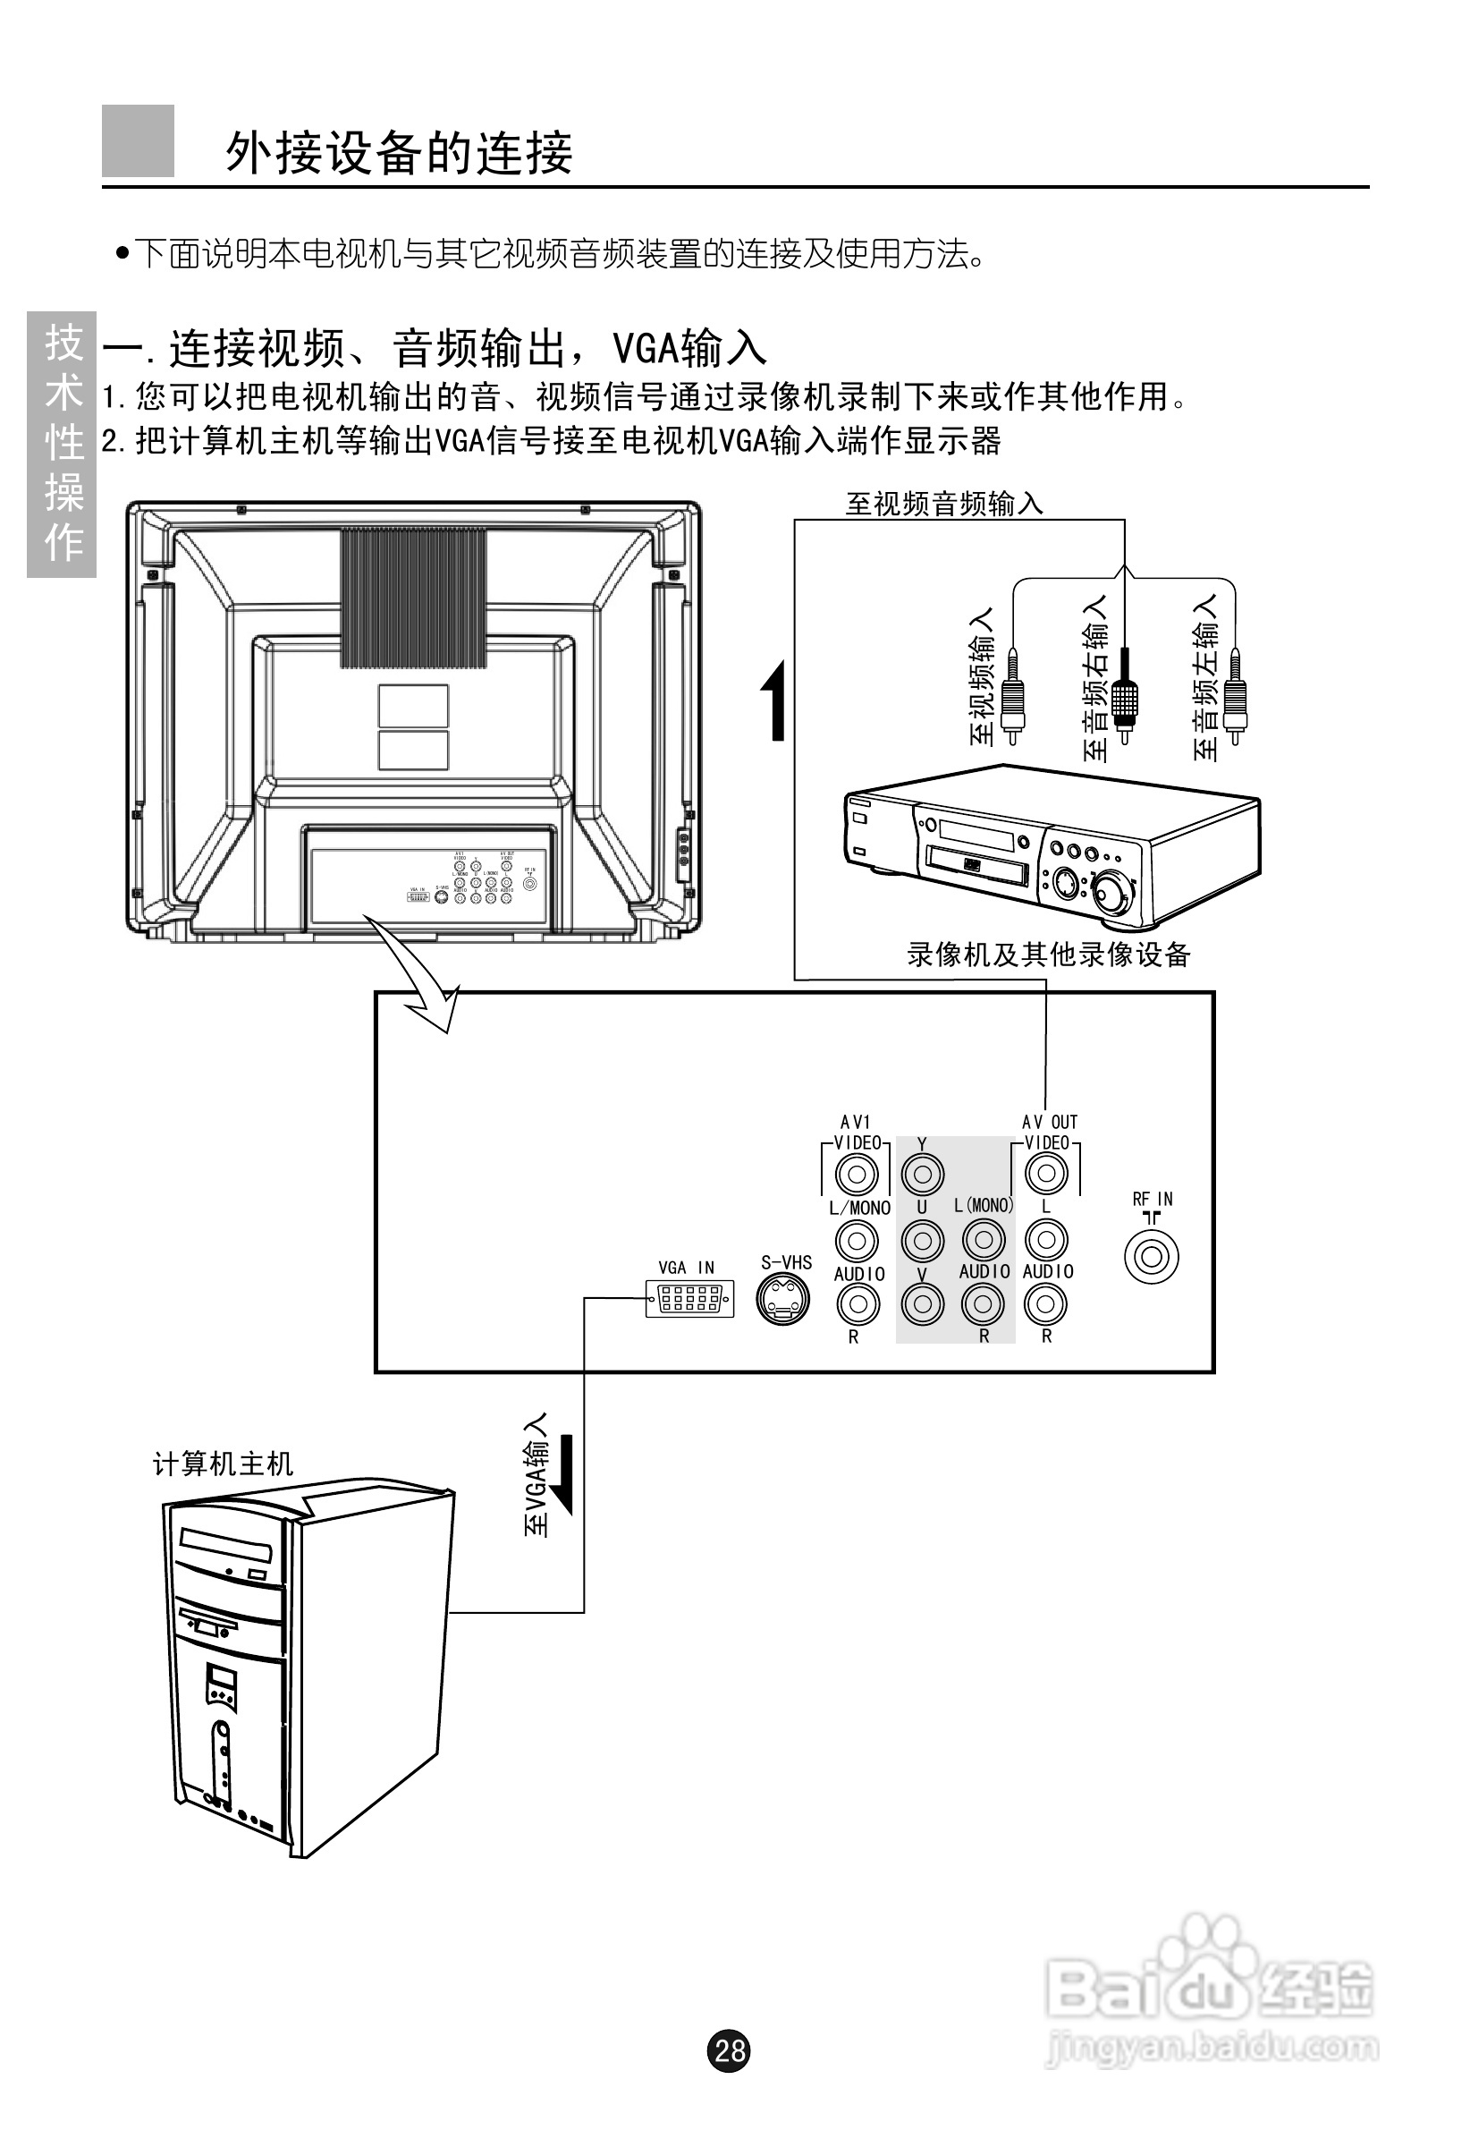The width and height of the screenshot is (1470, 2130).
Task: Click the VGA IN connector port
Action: [x=690, y=1299]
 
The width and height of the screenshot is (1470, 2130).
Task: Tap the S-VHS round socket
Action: [x=784, y=1299]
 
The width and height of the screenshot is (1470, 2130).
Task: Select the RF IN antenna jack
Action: [x=1152, y=1257]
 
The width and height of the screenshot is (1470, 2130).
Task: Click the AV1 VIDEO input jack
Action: [x=857, y=1174]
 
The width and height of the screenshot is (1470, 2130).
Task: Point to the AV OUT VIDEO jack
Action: [x=1046, y=1173]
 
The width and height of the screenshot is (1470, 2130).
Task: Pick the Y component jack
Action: [x=922, y=1174]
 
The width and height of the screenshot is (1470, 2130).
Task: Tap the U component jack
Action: [x=922, y=1240]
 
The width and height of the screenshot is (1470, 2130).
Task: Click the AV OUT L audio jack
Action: [x=1046, y=1239]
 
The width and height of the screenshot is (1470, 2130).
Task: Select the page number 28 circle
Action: [x=729, y=2050]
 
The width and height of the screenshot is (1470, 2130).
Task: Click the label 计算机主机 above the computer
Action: [x=223, y=1463]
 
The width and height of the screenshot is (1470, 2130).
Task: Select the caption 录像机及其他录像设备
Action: [x=1048, y=955]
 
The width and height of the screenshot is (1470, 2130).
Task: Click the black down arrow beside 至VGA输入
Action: [x=562, y=1474]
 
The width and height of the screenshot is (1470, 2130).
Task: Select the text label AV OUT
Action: [x=1049, y=1122]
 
